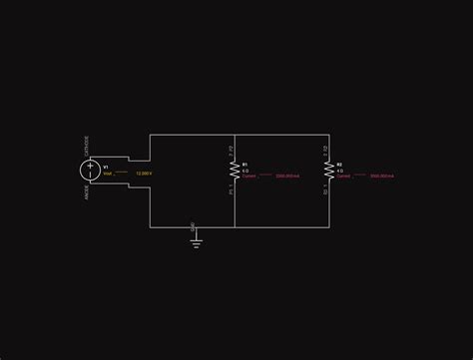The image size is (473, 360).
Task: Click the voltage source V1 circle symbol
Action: tap(89, 169)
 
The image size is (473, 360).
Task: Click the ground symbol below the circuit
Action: tap(196, 240)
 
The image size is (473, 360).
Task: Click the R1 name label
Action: tap(244, 164)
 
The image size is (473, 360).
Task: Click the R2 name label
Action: tap(339, 164)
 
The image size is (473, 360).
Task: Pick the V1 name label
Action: tap(107, 168)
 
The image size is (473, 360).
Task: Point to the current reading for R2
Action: tap(381, 176)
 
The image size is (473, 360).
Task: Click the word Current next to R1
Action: tap(249, 176)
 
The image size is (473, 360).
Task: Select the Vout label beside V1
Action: tap(108, 174)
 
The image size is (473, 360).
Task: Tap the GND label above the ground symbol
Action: tap(193, 227)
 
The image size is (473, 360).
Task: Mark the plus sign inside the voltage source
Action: tap(89, 164)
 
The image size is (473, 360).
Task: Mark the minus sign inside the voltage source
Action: tap(89, 174)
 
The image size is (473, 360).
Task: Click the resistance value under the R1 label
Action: tap(244, 170)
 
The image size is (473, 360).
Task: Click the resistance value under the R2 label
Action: tap(339, 170)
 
